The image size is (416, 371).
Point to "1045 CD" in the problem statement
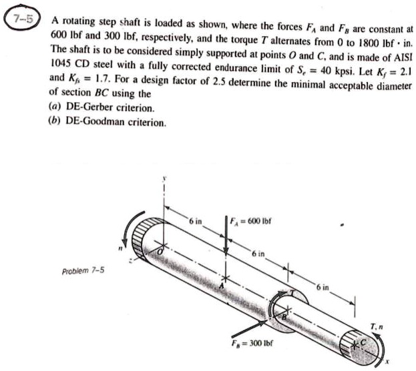(x=73, y=65)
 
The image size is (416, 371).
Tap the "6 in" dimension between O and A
(x=194, y=220)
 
